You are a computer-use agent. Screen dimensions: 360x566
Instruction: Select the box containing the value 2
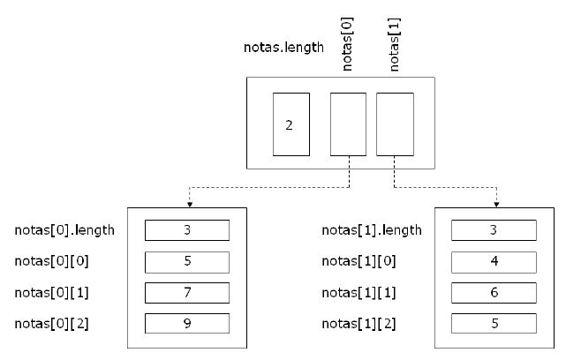point(291,124)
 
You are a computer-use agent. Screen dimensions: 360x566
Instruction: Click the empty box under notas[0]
point(348,124)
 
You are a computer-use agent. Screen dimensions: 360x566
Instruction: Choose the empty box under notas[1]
point(395,124)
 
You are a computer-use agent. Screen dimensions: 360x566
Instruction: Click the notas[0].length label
point(64,231)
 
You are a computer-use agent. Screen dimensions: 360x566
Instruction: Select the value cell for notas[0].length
point(186,231)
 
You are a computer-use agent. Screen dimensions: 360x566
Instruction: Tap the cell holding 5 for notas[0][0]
point(186,261)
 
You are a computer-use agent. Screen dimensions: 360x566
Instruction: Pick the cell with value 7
point(186,292)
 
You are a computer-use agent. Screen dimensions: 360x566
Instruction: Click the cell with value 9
point(186,323)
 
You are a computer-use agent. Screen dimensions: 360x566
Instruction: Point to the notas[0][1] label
point(51,292)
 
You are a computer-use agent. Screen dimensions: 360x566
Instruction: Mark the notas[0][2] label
point(51,323)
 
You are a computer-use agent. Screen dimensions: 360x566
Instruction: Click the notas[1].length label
point(371,231)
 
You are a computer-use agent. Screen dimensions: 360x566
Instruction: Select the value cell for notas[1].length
point(493,231)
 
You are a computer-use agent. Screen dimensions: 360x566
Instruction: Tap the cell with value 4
point(493,261)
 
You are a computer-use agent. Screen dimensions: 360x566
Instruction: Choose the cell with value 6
point(493,292)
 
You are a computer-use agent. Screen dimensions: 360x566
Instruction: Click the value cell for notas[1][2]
point(493,323)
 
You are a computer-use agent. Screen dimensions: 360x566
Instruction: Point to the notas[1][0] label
point(358,261)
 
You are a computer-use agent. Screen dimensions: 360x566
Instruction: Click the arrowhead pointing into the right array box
point(496,202)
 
